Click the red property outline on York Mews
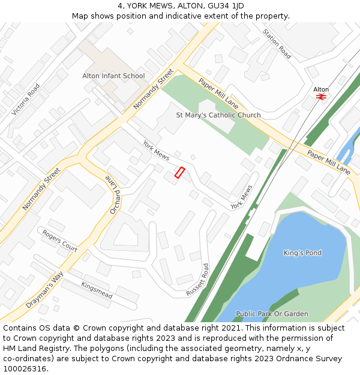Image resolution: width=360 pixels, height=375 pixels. (x=179, y=172)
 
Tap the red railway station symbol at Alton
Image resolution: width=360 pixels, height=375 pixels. (x=321, y=97)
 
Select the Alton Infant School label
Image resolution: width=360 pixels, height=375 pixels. (x=113, y=76)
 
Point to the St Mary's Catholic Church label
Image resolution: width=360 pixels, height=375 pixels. (x=218, y=115)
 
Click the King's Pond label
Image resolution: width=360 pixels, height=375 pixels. (x=302, y=253)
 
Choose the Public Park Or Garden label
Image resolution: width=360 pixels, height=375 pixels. (x=272, y=314)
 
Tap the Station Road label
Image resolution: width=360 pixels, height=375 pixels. (x=277, y=44)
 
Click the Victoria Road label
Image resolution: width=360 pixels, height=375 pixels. (x=26, y=100)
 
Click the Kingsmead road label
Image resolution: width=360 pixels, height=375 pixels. (x=97, y=290)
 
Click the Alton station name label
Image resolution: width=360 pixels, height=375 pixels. (x=321, y=89)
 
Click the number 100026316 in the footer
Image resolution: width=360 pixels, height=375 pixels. (x=25, y=368)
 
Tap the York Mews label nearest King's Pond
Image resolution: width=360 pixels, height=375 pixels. (x=242, y=197)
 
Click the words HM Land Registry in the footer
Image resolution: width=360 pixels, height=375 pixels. (x=37, y=348)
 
